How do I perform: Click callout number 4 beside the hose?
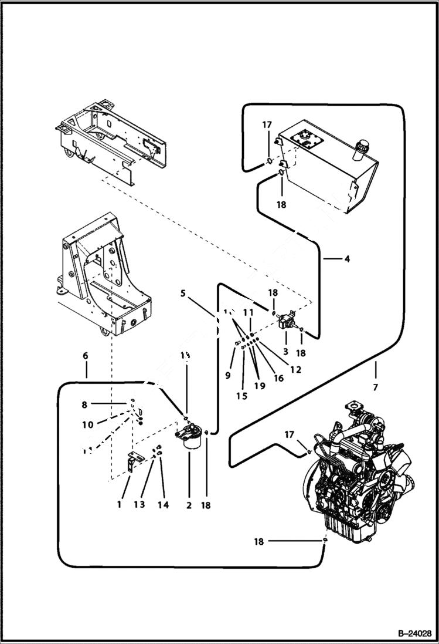(347, 258)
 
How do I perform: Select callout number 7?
(375, 387)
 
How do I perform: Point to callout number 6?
(86, 356)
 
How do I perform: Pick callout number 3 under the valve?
(285, 351)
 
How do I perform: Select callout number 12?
(295, 370)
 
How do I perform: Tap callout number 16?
(278, 379)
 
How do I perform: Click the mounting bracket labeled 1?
(130, 461)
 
